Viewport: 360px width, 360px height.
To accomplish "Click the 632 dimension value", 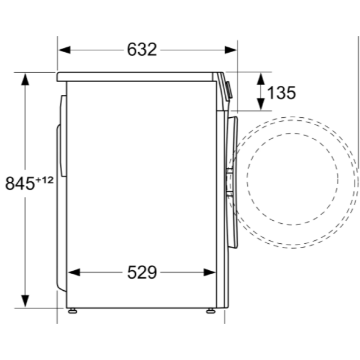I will (x=142, y=50).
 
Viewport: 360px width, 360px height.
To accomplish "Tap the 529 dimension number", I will (x=142, y=273).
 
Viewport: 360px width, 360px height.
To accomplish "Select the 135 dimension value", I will (x=281, y=93).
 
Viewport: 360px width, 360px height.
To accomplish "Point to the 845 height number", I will (x=19, y=183).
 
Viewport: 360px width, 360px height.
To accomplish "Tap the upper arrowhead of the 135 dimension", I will (x=261, y=78).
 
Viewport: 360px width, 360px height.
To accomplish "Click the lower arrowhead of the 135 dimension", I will (x=261, y=104).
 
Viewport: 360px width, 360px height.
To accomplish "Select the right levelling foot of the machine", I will (x=210, y=311).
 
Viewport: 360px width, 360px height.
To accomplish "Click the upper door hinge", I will (x=229, y=171).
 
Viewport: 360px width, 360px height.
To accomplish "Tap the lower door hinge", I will (x=229, y=194).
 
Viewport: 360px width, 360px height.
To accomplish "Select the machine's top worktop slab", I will (x=137, y=76).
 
